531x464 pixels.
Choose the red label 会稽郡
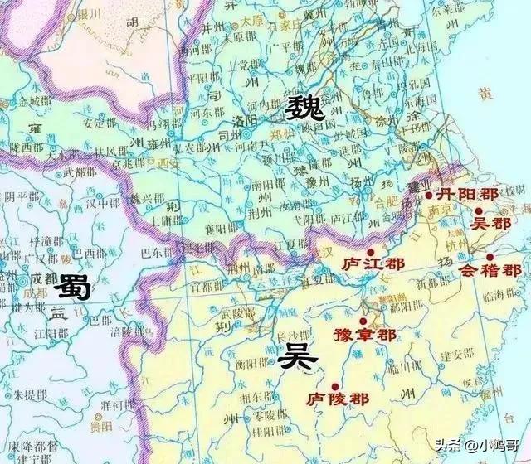[490, 270]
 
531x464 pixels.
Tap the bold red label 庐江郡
[373, 264]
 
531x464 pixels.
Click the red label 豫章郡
[364, 335]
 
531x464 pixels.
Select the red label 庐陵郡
[336, 399]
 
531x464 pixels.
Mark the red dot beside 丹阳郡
[428, 196]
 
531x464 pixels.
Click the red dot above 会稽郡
[490, 257]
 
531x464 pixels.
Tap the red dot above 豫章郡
[363, 321]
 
